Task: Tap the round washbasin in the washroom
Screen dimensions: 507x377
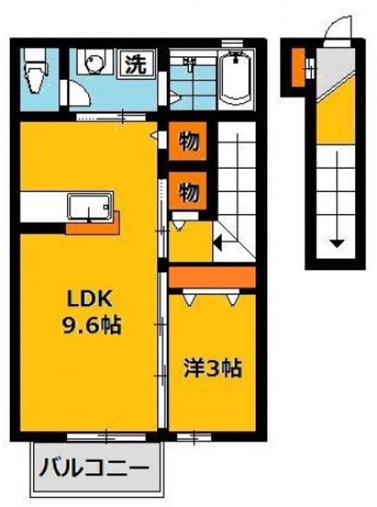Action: (x=94, y=63)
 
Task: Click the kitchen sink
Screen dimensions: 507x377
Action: (x=88, y=206)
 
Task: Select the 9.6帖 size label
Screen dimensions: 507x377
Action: (x=89, y=325)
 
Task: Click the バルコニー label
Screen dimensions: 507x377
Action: (x=94, y=468)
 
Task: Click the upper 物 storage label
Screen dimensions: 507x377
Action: (x=187, y=142)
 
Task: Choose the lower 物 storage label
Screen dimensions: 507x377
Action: (x=187, y=190)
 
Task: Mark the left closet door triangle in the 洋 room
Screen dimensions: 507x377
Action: (x=188, y=300)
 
